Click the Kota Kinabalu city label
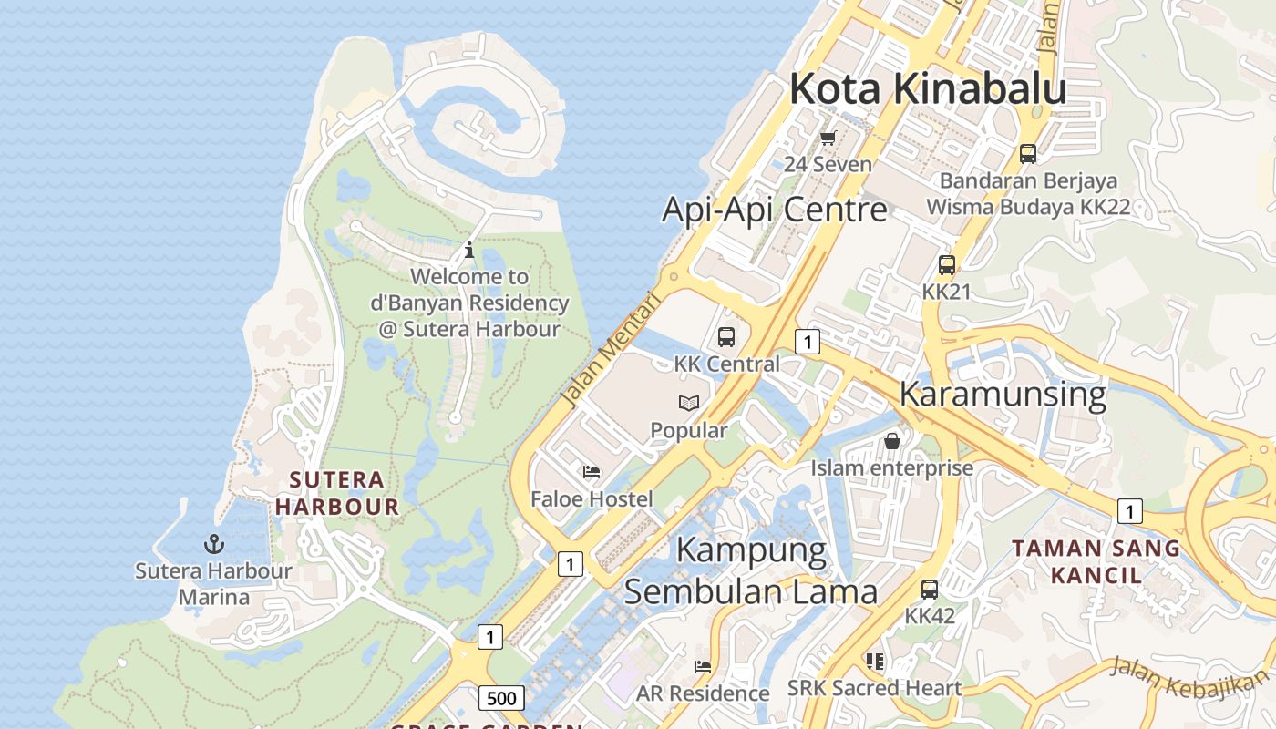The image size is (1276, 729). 928,89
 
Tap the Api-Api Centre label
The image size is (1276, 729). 774,210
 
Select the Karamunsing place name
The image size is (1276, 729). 1003,395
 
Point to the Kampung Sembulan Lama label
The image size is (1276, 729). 751,571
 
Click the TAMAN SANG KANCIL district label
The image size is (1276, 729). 1096,561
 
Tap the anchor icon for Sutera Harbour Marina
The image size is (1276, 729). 213,544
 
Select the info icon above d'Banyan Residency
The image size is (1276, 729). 469,249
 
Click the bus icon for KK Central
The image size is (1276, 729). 726,337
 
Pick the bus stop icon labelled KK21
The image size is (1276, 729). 947,265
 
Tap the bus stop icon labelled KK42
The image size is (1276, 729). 930,589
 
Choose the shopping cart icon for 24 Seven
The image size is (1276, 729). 828,138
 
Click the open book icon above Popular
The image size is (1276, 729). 689,403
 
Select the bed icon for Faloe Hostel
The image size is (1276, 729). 592,472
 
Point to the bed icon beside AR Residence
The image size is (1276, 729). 702,666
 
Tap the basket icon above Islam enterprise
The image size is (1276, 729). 892,441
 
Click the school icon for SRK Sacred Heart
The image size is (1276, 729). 875,661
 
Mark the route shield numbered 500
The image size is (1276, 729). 500,699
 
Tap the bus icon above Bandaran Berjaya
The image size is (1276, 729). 1028,154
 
